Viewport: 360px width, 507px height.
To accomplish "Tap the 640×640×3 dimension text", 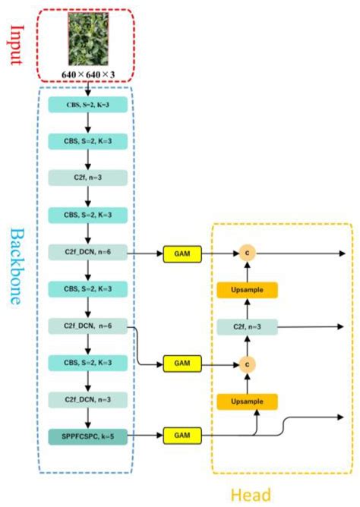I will (89, 74).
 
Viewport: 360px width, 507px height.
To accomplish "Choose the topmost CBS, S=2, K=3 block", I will (89, 105).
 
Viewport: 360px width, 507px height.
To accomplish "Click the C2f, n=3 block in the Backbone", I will (89, 177).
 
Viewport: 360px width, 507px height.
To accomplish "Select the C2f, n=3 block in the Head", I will (245, 326).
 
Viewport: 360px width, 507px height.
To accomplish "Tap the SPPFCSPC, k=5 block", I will (89, 436).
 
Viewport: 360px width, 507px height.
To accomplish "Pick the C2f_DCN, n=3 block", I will (89, 399).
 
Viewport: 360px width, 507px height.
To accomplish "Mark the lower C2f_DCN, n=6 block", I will (89, 326).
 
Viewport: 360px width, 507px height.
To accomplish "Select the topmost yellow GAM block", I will (182, 253).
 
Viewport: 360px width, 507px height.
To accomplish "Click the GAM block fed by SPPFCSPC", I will (182, 436).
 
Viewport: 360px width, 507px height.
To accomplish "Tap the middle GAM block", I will (182, 364).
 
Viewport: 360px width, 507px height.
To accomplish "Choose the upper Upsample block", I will (245, 289).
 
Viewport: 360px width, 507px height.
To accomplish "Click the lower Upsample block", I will (245, 400).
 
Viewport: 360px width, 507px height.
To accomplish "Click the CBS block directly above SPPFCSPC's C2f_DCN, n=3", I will (89, 363).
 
